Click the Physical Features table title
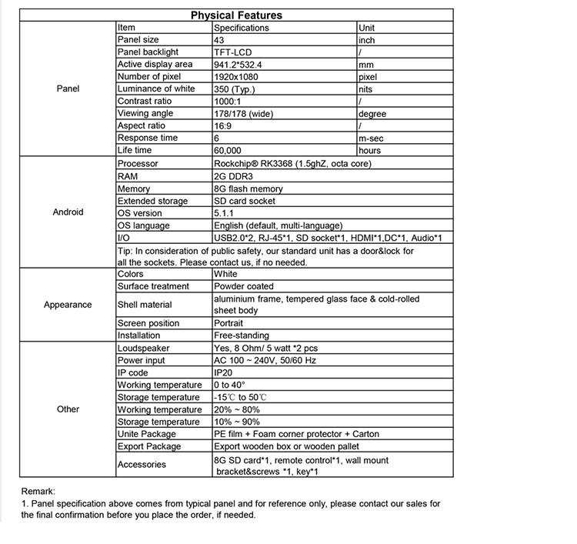pyautogui.click(x=236, y=15)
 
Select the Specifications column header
pyautogui.click(x=242, y=28)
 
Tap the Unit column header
pyautogui.click(x=367, y=28)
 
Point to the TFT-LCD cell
pyautogui.click(x=233, y=52)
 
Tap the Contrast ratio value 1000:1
pyautogui.click(x=228, y=102)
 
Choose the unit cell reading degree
pyautogui.click(x=372, y=114)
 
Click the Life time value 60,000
pyautogui.click(x=228, y=151)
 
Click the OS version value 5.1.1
pyautogui.click(x=224, y=213)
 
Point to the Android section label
pyautogui.click(x=68, y=212)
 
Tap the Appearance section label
pyautogui.click(x=68, y=305)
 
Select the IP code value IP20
pyautogui.click(x=224, y=373)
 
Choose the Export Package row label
pyautogui.click(x=149, y=447)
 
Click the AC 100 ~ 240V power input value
pyautogui.click(x=265, y=361)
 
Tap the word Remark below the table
pyautogui.click(x=39, y=491)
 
